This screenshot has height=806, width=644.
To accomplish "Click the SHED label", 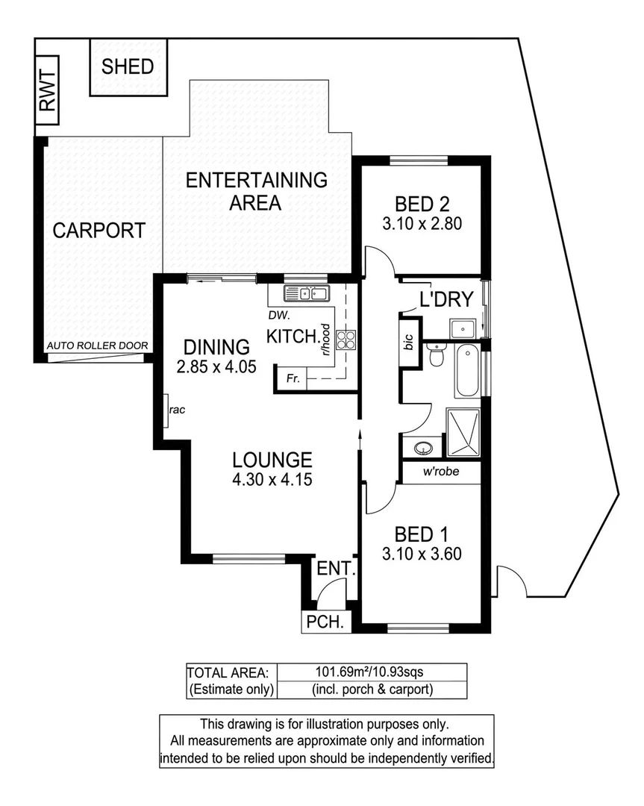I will (x=128, y=66).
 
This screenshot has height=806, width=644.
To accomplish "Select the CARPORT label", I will (x=99, y=230).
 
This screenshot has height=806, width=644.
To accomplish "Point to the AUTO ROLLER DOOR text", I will (x=97, y=346).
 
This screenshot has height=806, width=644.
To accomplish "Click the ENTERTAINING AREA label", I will (x=256, y=191).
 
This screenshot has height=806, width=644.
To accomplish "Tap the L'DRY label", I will (x=446, y=300).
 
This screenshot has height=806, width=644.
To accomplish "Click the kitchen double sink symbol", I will (x=307, y=293).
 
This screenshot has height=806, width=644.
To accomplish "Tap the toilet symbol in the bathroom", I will (x=435, y=356).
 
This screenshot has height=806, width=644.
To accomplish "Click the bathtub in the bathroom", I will (x=468, y=371).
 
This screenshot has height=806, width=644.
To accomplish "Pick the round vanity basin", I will (x=423, y=448).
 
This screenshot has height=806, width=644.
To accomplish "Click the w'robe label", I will (x=440, y=472).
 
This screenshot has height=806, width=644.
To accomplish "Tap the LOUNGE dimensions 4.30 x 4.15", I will (x=271, y=479).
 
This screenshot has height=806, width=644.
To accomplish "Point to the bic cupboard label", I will (x=408, y=343).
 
